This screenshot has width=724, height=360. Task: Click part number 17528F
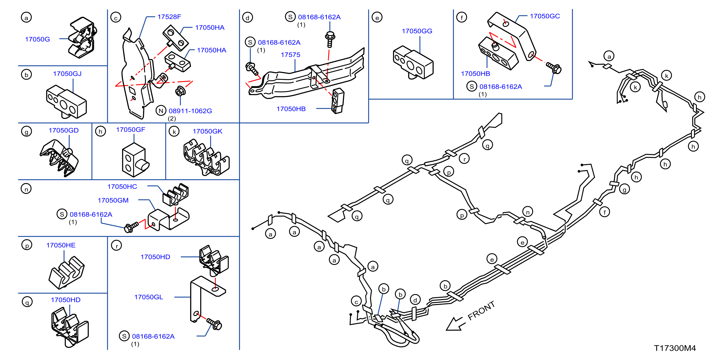169,17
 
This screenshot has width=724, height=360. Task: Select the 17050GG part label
417,31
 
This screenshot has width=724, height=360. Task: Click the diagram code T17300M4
675,348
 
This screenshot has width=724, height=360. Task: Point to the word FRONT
481,311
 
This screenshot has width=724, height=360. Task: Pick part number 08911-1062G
190,111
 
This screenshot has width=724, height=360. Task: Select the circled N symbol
161,111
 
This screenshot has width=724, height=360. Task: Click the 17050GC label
545,16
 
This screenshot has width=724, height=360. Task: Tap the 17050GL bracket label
148,297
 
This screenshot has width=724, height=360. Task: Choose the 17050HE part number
61,245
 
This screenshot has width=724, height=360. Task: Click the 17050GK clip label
207,131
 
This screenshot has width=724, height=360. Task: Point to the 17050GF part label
130,130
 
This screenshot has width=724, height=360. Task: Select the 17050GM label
113,200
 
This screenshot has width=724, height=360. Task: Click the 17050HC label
122,187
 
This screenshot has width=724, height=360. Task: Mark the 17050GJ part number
67,74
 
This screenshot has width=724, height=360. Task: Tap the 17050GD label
64,131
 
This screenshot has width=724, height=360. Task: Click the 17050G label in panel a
37,39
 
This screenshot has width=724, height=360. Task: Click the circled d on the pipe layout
415,300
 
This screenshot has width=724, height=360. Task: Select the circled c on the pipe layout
356,301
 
